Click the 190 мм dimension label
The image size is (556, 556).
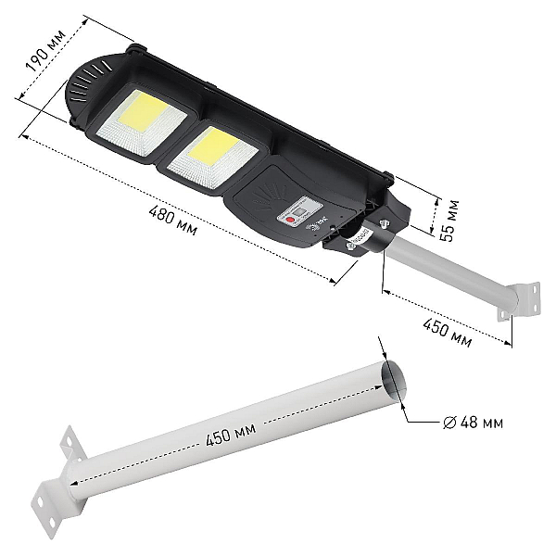pyautogui.click(x=45, y=50)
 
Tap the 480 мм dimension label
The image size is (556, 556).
pyautogui.click(x=172, y=221)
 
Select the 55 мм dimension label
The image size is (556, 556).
pyautogui.click(x=449, y=221)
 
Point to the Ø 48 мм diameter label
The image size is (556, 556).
pyautogui.click(x=473, y=423)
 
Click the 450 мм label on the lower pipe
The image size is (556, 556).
pyautogui.click(x=231, y=435)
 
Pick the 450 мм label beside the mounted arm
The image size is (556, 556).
pyautogui.click(x=447, y=332)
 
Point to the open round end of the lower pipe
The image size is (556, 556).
pyautogui.click(x=393, y=380)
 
